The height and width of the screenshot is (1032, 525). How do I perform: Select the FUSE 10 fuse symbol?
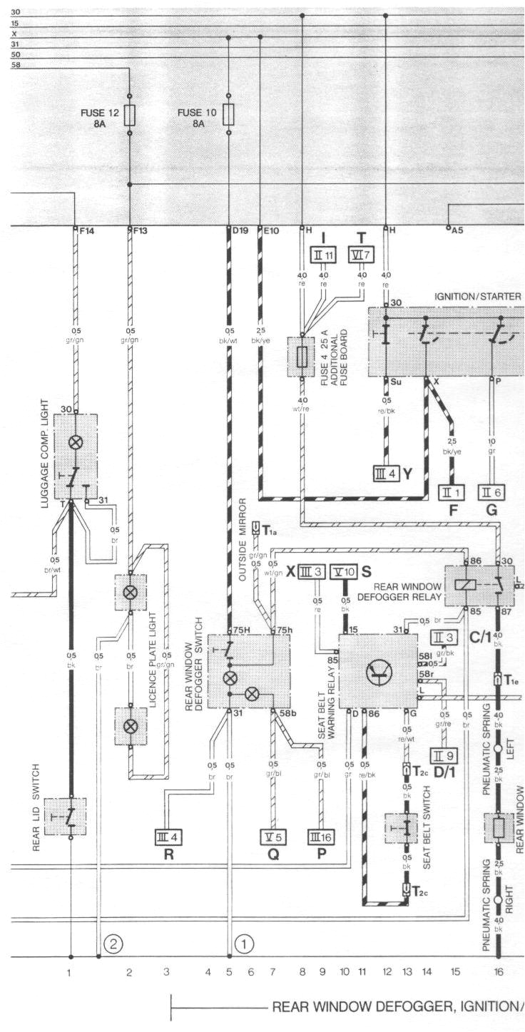tap(228, 114)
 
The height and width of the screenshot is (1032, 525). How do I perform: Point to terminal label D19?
tap(240, 232)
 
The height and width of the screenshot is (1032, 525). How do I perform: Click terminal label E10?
tap(271, 232)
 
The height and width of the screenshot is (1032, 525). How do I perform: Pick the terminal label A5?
tap(457, 230)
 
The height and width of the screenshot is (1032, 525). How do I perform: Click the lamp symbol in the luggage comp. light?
tap(76, 442)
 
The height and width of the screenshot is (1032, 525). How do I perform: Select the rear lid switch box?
tap(66, 817)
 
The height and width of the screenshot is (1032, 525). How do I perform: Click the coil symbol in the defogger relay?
tap(465, 584)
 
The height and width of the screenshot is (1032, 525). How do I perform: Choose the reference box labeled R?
tap(169, 836)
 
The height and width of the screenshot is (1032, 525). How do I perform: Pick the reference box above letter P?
tap(320, 836)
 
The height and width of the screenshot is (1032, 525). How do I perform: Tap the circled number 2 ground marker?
tap(113, 944)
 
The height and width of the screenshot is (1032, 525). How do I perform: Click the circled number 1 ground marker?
tap(245, 944)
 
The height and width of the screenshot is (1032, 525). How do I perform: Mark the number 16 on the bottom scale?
tap(497, 971)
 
